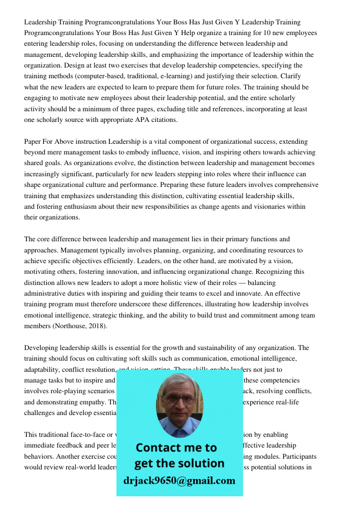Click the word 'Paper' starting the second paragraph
33,142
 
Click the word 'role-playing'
69,391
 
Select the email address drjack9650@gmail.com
179,481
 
